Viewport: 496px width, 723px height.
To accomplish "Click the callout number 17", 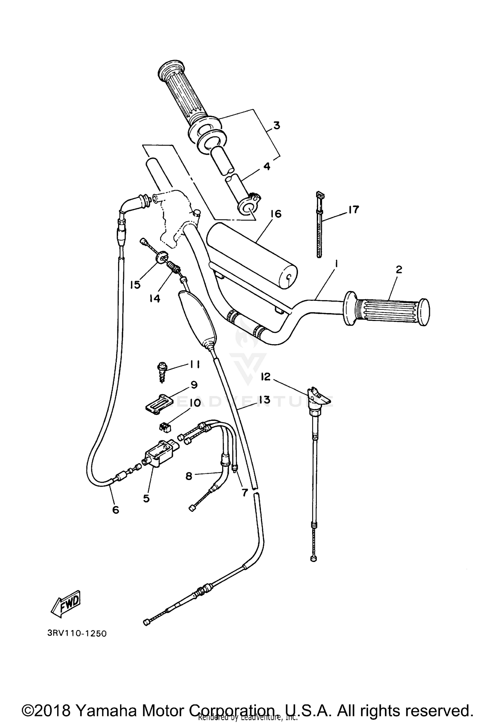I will click(353, 210).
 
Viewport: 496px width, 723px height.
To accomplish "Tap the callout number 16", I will click(275, 214).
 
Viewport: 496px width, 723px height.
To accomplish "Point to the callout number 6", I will click(115, 510).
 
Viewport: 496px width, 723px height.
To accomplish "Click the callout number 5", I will click(146, 498).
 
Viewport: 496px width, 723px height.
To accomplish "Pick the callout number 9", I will click(194, 384).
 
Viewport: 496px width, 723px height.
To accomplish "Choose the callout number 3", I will click(276, 126).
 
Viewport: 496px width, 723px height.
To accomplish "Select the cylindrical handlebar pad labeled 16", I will click(251, 254).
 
